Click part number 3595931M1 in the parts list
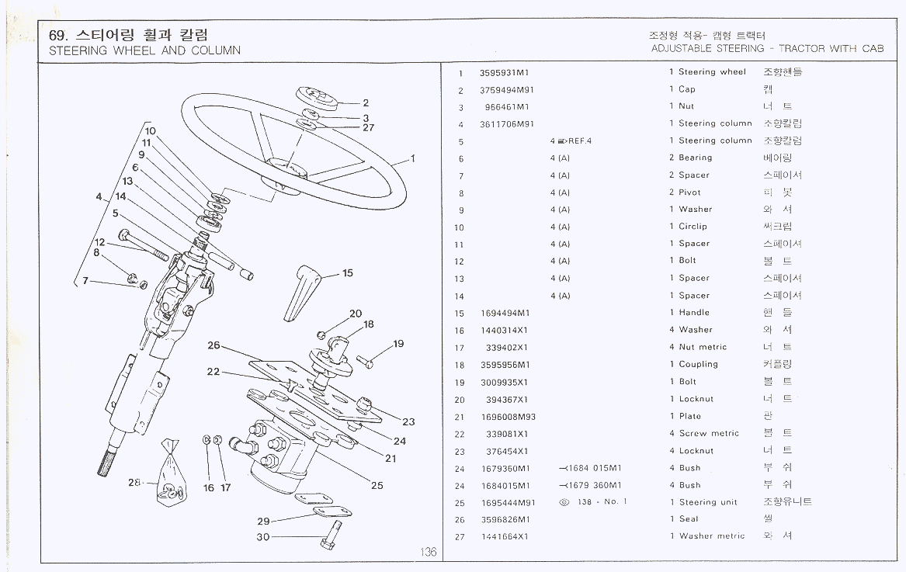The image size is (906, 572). pyautogui.click(x=505, y=73)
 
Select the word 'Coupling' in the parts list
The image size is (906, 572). pyautogui.click(x=698, y=364)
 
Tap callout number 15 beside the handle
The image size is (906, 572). pyautogui.click(x=347, y=273)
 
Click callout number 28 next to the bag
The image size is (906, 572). pyautogui.click(x=134, y=483)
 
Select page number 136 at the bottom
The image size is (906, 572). pyautogui.click(x=428, y=552)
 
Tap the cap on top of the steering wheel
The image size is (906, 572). pyautogui.click(x=318, y=99)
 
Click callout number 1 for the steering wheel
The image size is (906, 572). pyautogui.click(x=413, y=158)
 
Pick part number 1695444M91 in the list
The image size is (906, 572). pyautogui.click(x=508, y=502)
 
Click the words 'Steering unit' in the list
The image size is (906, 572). pyautogui.click(x=708, y=502)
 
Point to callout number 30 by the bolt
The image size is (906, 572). pyautogui.click(x=263, y=537)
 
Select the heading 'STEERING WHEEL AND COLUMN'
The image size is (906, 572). pyautogui.click(x=144, y=50)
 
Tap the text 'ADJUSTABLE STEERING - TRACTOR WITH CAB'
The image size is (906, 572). pyautogui.click(x=767, y=48)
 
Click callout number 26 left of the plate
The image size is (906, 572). pyautogui.click(x=213, y=345)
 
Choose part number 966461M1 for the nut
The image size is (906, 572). pyautogui.click(x=506, y=107)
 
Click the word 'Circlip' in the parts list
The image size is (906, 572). pyautogui.click(x=693, y=227)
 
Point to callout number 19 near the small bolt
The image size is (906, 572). pyautogui.click(x=398, y=344)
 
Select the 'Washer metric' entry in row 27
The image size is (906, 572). pyautogui.click(x=711, y=536)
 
